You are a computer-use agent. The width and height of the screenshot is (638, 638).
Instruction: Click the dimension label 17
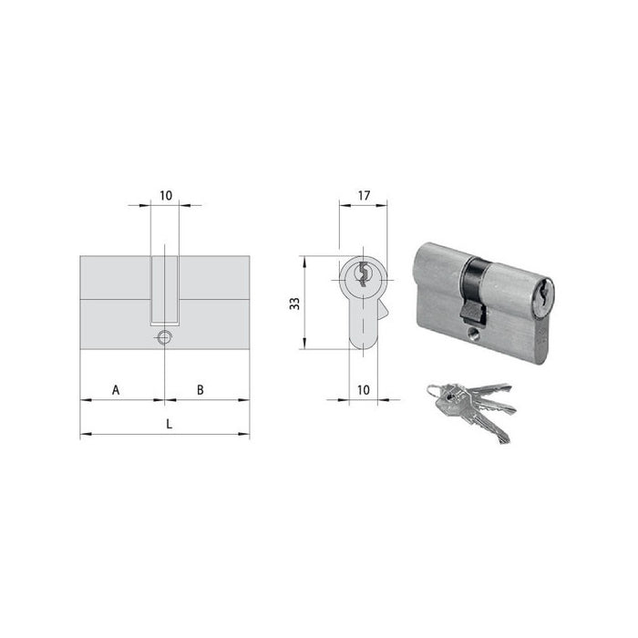coord(363,194)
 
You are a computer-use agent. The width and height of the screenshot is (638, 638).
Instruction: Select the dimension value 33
coord(294,303)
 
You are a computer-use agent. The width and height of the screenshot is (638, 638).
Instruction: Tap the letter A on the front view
coord(116,390)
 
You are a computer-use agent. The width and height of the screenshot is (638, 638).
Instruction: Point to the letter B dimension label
coord(200,390)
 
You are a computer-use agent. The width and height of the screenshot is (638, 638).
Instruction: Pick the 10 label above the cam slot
coord(165,194)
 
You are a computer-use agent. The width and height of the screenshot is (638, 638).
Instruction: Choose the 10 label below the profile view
coord(363,390)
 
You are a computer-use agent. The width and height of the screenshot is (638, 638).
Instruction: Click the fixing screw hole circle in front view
coord(164,338)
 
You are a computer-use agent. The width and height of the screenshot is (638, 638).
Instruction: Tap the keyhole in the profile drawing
coord(363,273)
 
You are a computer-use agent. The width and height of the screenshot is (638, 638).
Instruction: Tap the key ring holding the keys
coord(433,392)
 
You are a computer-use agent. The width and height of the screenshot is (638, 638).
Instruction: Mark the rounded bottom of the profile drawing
coord(363,344)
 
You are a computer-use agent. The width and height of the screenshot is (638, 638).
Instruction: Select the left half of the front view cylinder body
coord(116,301)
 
